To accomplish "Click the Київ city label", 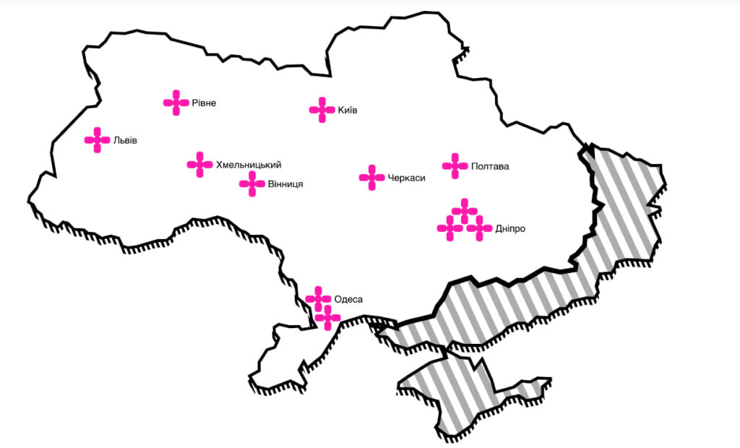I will [348, 111].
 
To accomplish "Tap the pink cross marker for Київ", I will [322, 110].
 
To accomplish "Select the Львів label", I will [124, 140].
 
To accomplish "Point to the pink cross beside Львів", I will [97, 140].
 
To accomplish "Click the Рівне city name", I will [204, 103].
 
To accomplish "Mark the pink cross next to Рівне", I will [176, 103].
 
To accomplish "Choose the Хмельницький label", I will [248, 165].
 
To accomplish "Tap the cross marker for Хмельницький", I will [199, 165].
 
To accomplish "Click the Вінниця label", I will [285, 184].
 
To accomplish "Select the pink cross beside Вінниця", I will [252, 184].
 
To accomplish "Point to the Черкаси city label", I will [406, 178].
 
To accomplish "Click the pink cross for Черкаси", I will [371, 178].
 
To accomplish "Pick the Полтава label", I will [489, 166].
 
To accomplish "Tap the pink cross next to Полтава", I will [455, 165].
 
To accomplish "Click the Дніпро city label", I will [510, 228].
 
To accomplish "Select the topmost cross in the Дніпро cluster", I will [465, 211].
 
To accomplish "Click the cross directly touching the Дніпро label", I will [479, 228].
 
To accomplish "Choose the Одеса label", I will [348, 299].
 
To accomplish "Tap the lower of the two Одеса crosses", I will [327, 317].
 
